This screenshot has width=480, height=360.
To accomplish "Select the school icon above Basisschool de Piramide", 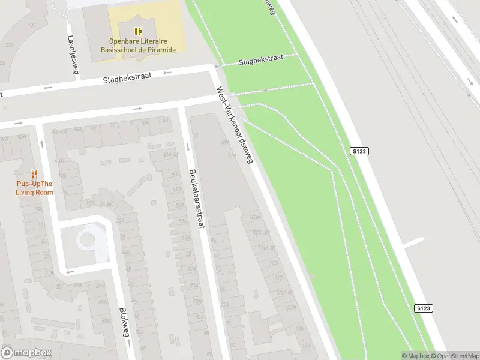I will pos(139,31).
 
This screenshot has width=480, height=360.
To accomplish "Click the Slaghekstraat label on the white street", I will pos(127,77).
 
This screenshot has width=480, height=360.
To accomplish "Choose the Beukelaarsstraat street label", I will pos(197,197).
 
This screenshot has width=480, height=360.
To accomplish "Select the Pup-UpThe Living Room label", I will pos(34,188).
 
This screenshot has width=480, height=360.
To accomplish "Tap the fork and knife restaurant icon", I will pos(34,175).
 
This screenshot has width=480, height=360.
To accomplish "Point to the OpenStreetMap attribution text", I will pos(454,356).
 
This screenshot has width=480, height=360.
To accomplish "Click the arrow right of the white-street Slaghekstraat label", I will pos(167,73).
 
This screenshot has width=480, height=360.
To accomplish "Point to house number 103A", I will pos(254,217).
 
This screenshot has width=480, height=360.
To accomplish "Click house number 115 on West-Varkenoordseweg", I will pos(274,262).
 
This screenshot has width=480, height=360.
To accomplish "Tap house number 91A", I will pos(231,155).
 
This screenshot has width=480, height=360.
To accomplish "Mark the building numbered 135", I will pos(31,25).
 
